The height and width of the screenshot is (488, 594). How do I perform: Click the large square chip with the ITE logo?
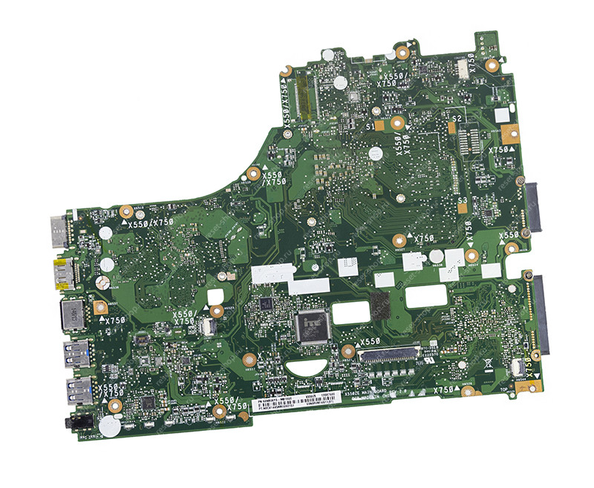pyautogui.click(x=307, y=324)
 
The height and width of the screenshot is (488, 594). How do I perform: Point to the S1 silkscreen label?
pyautogui.click(x=370, y=128)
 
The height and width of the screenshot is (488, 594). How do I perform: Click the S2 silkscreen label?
pyautogui.click(x=457, y=118)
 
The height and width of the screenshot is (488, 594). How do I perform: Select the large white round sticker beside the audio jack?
pyautogui.click(x=108, y=424)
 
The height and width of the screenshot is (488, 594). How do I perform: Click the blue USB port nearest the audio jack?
pyautogui.click(x=76, y=389)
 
